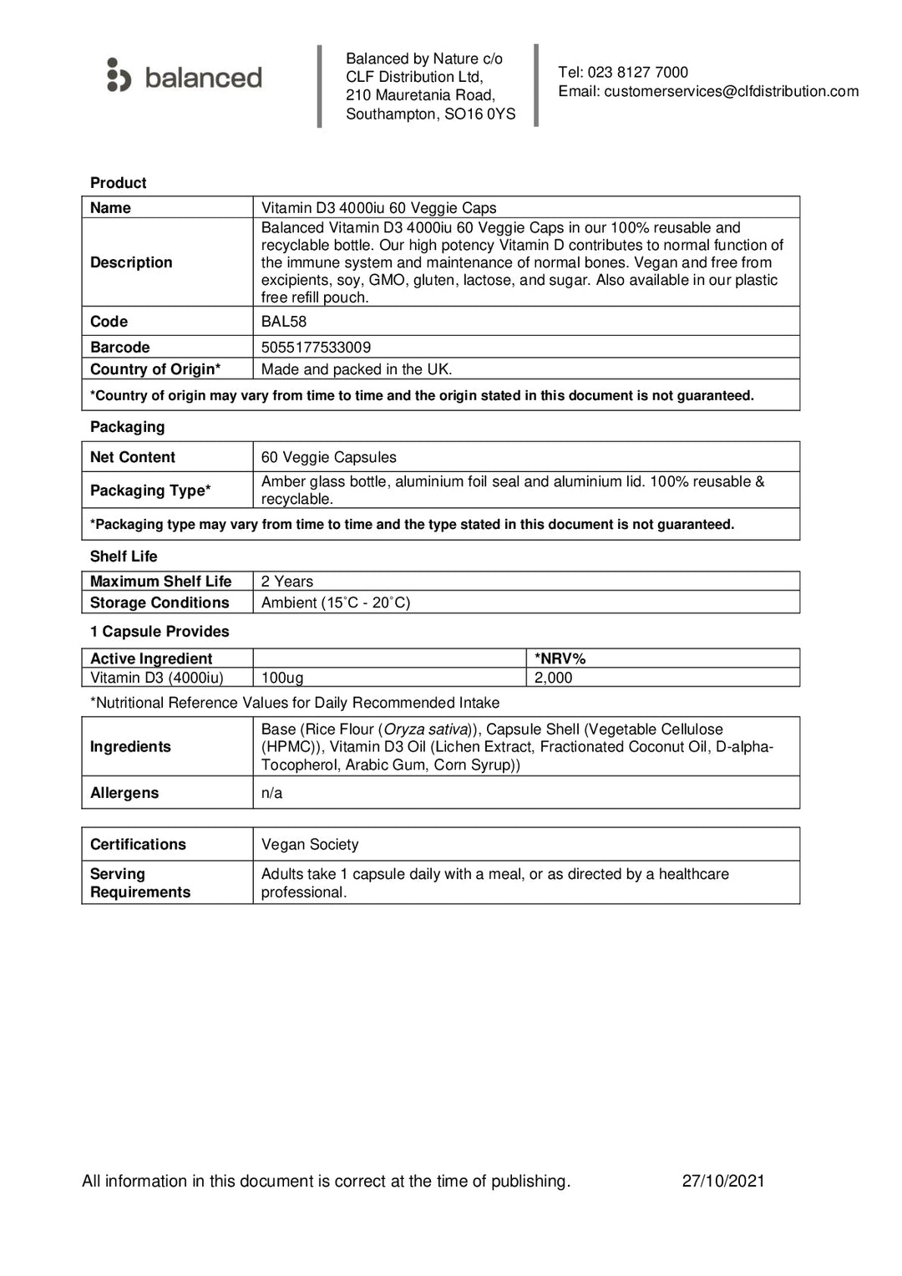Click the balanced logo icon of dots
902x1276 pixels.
coord(119,75)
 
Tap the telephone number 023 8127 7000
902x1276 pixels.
coord(637,73)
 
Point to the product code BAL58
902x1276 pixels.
coord(284,322)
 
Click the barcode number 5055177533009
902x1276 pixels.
coord(316,348)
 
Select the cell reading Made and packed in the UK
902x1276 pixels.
coord(357,369)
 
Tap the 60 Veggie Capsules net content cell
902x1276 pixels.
coord(328,457)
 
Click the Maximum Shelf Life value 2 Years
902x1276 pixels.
coord(287,582)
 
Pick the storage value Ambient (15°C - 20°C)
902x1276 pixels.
coord(336,602)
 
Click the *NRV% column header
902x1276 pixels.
coord(560,658)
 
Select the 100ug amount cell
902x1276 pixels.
coord(282,678)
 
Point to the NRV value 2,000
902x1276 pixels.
coord(553,678)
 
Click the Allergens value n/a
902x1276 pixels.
coord(271,793)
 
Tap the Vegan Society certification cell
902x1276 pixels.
coord(310,845)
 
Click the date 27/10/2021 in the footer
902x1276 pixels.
coord(723,1181)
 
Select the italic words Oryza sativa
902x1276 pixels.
coord(426,730)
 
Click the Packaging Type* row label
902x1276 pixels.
coord(150,491)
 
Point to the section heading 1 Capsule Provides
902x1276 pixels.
coord(160,632)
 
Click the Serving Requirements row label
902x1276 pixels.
coord(140,883)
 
